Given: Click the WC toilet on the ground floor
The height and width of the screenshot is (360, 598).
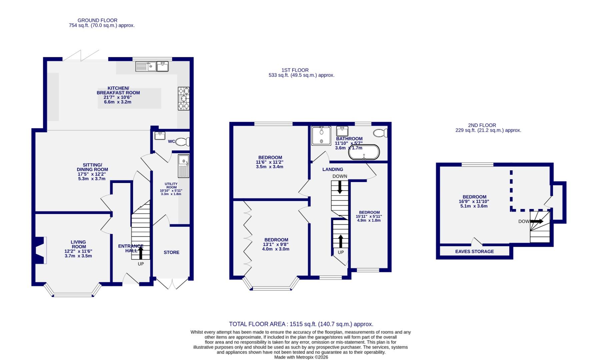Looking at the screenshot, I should coord(183,142).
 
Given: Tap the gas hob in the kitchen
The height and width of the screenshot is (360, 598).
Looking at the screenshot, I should coord(183,98).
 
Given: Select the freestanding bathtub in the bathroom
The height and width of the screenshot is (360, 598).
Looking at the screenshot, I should coord(364,152).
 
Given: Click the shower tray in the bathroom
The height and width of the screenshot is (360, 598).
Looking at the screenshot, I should coord(321,136).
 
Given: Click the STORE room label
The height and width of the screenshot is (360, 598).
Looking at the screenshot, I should coord(171,252).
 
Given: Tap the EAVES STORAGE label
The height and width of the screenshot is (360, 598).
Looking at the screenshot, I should coord(474,252).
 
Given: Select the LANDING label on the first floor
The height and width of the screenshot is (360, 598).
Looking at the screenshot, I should coord(333,169).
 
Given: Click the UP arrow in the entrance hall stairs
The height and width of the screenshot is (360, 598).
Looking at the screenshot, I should coord(141,253).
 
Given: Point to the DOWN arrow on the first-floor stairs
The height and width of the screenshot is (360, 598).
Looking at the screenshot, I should coord(340,187).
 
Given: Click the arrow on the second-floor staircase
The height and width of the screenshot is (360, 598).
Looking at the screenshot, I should coord(537,221).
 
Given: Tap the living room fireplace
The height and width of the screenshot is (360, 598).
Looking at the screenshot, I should coord(40,250).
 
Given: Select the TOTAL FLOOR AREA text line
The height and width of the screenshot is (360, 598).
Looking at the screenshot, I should coord(301,324).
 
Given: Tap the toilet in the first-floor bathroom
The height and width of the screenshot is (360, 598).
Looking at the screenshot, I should coord(381,133).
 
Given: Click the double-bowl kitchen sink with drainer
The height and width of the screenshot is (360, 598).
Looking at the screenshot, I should coord(146,66).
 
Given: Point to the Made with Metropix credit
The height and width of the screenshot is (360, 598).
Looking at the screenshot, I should coord(301,357).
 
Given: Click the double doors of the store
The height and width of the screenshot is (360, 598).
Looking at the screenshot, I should coord(173,283).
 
